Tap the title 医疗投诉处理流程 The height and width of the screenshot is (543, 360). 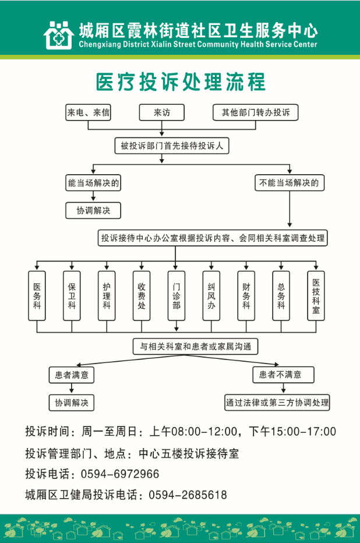point(180,82)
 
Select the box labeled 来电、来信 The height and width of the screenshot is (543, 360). point(89,112)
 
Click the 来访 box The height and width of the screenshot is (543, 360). point(161,112)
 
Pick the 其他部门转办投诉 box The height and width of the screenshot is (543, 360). point(255,112)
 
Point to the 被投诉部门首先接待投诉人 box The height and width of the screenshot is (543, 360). point(172,146)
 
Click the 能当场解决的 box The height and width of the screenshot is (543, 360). point(93,183)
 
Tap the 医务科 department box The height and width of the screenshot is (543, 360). point(37,296)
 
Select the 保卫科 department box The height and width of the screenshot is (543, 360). point(72,296)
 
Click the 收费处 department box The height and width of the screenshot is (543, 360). point(142,296)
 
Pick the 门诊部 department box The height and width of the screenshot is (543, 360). point(177,296)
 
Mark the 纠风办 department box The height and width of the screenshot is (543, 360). point(211,296)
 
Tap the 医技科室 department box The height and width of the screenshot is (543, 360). point(316,296)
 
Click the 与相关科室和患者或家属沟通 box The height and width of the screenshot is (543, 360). point(195,347)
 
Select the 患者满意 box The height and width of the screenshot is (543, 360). point(71,375)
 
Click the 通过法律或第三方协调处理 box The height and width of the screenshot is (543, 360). point(277,402)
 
